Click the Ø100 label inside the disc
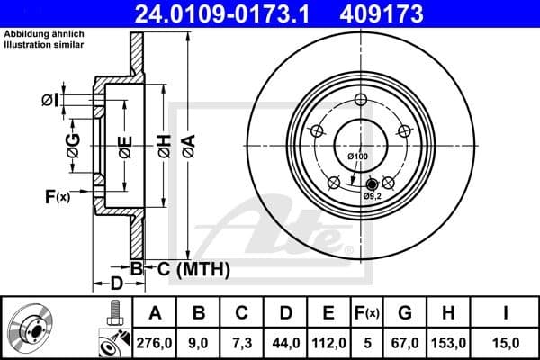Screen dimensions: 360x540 pos(358,157)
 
